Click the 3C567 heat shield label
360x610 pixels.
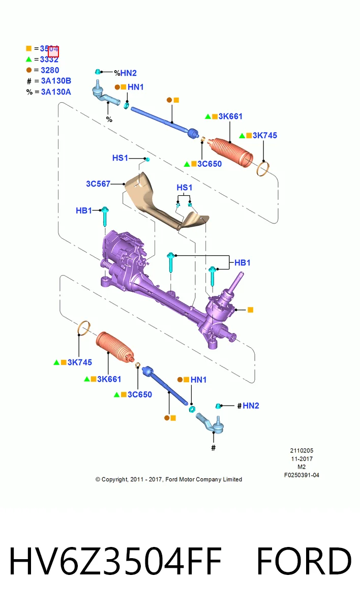98,184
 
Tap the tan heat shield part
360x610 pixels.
163,201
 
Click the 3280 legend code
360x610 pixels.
50,70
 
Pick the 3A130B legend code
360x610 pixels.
56,81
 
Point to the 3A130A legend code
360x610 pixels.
56,92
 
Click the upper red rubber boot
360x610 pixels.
230,152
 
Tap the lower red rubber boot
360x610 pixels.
115,347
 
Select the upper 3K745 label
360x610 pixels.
265,135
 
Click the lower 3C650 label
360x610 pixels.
140,394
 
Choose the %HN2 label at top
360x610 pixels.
125,73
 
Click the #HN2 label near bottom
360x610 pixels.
248,406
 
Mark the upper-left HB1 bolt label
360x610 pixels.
83,210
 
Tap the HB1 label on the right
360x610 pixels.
243,263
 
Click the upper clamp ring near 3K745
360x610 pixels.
263,169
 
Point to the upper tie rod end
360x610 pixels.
105,94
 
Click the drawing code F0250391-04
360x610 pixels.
302,475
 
